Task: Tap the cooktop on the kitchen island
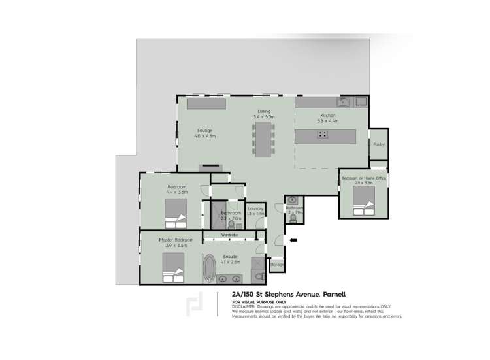tap(323, 135)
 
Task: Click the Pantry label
tap(378, 144)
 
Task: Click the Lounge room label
tap(205, 130)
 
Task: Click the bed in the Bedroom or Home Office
tap(363, 208)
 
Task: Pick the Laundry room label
tap(256, 208)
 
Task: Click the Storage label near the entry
tap(277, 265)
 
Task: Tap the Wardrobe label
tap(229, 234)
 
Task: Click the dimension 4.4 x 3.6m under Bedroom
tap(176, 193)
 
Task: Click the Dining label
tap(263, 112)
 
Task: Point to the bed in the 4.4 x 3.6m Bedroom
tap(176, 211)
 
